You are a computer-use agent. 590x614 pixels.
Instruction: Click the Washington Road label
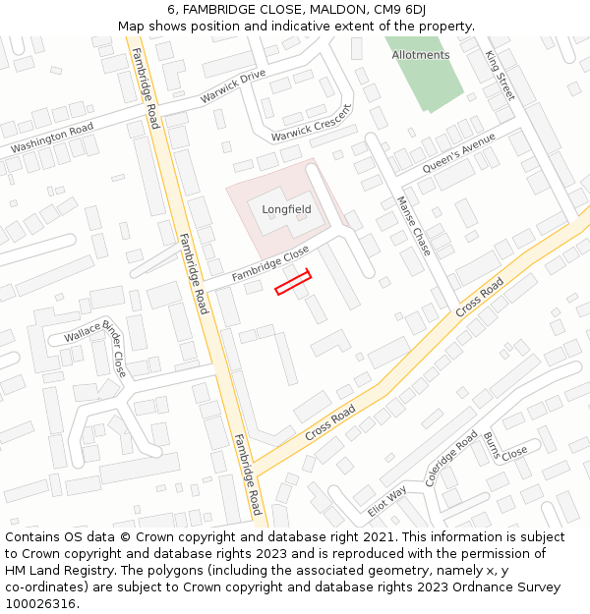point(52,139)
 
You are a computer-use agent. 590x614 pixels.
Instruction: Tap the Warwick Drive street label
point(233,87)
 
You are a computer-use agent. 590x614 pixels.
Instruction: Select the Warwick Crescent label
point(311,121)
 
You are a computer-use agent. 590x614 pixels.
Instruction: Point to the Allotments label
point(420,55)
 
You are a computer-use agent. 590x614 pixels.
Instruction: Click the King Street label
point(500,76)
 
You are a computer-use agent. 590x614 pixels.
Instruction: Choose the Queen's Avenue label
point(458,154)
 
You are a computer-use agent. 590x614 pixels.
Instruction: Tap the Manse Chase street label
point(413,226)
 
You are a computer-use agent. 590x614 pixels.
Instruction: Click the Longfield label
point(286,209)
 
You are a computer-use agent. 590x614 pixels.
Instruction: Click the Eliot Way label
point(386,500)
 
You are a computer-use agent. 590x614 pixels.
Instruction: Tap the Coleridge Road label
point(451,458)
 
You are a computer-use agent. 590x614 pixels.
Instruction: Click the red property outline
point(293,282)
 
